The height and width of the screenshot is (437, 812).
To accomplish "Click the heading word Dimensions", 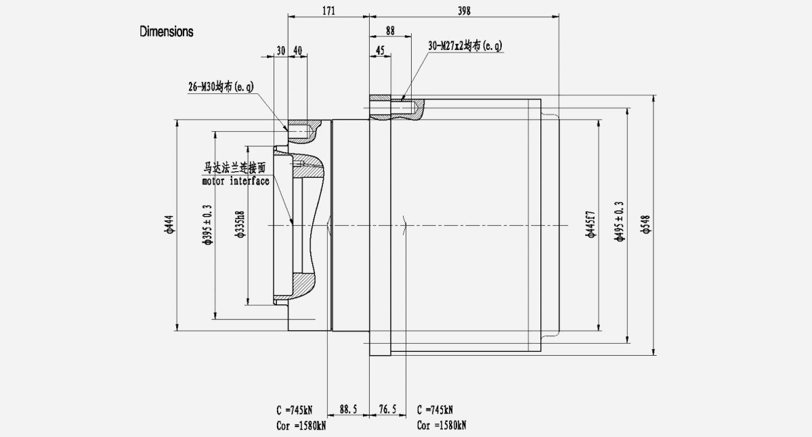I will coord(167,31).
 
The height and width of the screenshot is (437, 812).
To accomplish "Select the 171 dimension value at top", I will coord(328,10).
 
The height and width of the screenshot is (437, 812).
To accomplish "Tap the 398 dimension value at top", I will coord(464,10).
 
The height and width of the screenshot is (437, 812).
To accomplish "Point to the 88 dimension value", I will coord(390,30).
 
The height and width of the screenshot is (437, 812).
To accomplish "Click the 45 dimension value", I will coord(380,51).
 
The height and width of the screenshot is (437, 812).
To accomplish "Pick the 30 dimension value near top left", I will coord(281,51).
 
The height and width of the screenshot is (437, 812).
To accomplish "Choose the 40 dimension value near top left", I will coord(297,51).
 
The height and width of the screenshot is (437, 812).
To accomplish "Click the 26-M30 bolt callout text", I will coord(221,87).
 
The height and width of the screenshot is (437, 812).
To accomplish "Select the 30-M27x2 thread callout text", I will coord(465,46).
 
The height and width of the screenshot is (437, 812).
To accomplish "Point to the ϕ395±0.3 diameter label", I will coord(208,225).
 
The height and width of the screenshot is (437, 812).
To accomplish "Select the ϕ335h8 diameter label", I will coord(240,225).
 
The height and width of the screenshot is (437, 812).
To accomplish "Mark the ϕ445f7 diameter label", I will coord(591,225).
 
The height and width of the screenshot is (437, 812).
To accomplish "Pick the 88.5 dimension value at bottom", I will coord(348,409).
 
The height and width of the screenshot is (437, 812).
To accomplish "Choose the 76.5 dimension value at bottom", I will coord(387,409).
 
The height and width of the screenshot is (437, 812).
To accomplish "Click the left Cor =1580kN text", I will coord(300,425).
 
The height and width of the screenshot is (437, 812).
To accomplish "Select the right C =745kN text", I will coord(435,410).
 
